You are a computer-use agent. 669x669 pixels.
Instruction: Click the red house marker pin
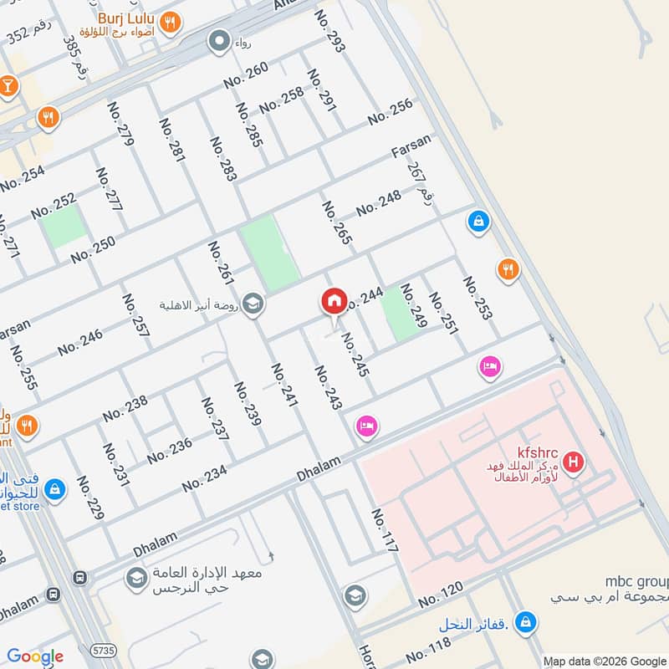tap(334, 302)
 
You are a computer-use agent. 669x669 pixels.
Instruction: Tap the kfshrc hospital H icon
tap(574, 461)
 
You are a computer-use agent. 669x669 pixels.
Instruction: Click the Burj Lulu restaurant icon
tap(171, 23)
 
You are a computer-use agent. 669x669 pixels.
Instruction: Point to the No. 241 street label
tap(284, 386)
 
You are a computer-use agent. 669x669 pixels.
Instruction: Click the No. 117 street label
tap(384, 530)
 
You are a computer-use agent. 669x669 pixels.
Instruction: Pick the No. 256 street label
tap(391, 112)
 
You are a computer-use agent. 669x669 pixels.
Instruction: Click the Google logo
tap(35, 656)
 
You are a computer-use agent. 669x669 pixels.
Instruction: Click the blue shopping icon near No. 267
tap(477, 222)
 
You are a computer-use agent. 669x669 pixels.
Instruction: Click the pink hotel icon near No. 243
tap(366, 426)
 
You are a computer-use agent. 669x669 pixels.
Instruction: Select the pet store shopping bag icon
tap(54, 488)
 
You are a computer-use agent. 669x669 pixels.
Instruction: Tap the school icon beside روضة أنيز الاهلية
tap(253, 304)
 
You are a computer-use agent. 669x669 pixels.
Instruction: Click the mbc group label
tap(636, 580)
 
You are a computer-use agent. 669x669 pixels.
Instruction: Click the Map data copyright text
tap(604, 659)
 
